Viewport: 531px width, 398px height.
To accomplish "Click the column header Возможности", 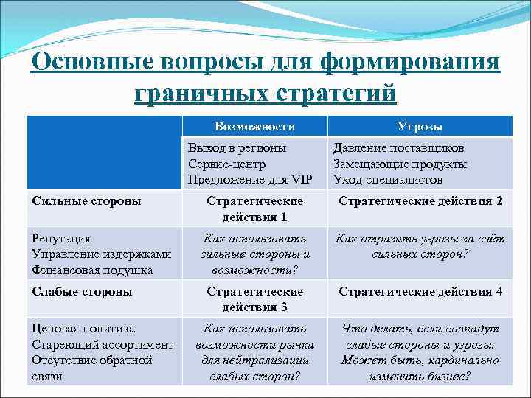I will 254,127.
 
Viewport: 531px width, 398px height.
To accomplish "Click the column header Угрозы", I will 420,127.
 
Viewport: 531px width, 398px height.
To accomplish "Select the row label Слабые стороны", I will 82,291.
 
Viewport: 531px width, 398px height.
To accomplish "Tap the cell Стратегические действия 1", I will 254,209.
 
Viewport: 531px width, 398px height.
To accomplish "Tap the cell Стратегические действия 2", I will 420,200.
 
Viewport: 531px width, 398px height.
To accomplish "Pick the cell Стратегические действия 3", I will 254,298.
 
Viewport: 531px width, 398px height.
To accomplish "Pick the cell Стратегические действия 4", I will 420,291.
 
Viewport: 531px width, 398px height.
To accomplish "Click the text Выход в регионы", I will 237,148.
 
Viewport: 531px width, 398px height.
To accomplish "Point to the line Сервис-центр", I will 226,164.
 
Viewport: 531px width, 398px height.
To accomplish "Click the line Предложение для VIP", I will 250,179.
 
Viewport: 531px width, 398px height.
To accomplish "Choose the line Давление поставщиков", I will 398,148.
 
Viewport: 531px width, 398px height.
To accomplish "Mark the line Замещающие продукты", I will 400,164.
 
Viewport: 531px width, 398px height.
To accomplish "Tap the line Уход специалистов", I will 388,179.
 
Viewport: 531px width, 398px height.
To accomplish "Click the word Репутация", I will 61,239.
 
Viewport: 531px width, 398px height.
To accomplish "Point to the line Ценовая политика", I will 83,329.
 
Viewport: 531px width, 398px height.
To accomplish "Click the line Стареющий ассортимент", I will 103,344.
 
